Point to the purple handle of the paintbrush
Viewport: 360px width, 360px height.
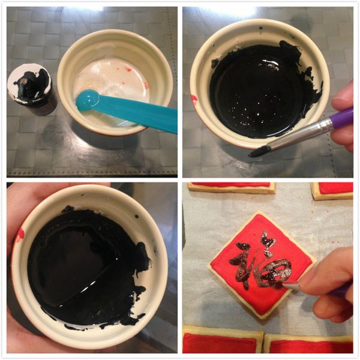click(x=341, y=119)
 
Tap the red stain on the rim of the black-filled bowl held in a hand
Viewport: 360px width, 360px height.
click(x=20, y=235)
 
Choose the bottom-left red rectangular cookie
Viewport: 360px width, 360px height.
click(x=223, y=340)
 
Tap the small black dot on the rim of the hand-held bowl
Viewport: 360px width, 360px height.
click(x=137, y=216)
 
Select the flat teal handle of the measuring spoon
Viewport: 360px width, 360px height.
click(x=138, y=113)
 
